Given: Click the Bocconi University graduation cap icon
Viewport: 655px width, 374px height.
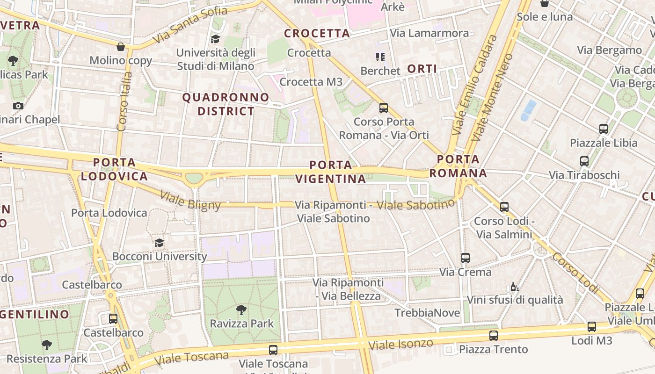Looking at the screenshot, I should (160, 243).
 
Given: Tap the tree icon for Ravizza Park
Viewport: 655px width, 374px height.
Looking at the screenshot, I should (241, 309).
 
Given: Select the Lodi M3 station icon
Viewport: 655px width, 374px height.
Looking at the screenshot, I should (592, 327).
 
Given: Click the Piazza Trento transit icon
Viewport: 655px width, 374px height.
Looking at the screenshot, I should (494, 335).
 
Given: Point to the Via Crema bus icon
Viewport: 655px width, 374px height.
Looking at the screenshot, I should (465, 258).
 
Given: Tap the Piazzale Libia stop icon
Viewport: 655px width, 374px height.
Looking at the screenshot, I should (604, 129).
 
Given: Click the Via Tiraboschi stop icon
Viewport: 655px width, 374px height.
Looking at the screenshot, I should (584, 161).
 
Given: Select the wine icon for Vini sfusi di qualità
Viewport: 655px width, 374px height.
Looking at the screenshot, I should (515, 287).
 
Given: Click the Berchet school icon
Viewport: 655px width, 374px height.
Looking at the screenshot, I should (380, 57).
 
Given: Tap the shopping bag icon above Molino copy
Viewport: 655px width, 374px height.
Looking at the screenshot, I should (121, 47).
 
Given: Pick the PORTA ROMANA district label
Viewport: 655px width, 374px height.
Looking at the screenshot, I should (458, 166).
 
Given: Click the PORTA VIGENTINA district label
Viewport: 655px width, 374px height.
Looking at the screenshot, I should (331, 172).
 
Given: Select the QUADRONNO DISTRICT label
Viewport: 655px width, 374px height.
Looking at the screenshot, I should (226, 104).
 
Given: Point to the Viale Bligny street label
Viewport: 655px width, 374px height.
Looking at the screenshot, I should (190, 200).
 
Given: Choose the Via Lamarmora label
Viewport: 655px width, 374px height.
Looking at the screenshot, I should (429, 33).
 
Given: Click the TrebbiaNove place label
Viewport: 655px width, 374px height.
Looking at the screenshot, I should (427, 313).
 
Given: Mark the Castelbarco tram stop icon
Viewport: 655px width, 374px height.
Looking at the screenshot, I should (113, 319).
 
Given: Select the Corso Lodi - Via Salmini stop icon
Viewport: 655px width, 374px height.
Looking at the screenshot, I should (504, 207).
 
